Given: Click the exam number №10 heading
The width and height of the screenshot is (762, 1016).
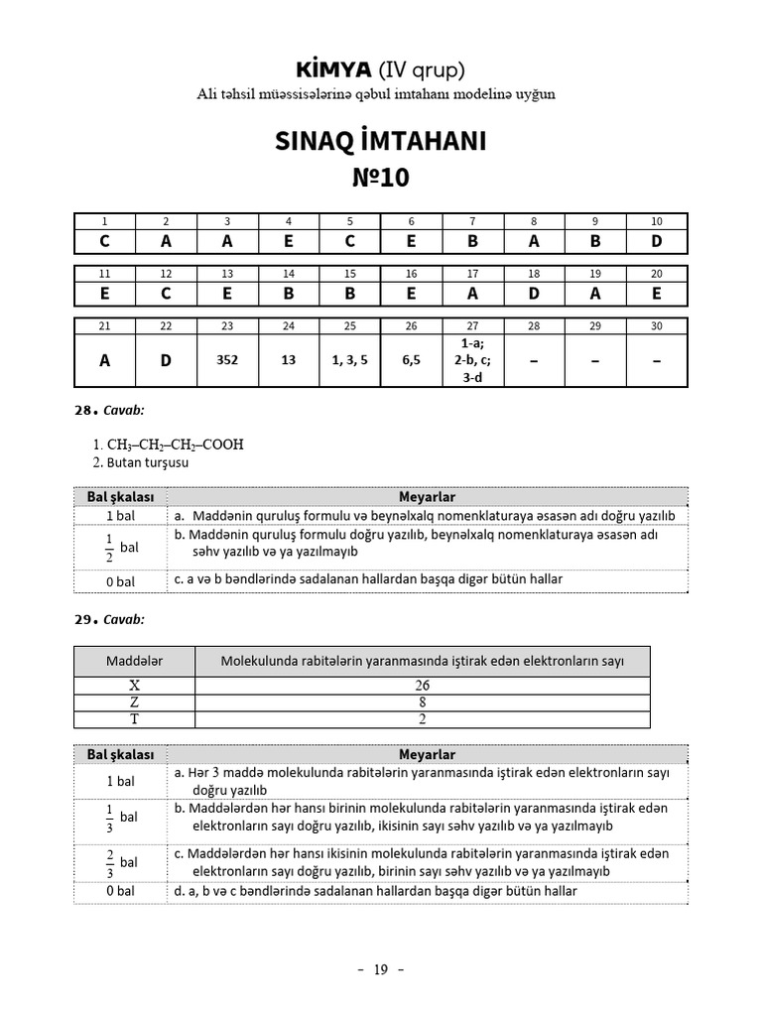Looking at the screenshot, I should click(x=380, y=178).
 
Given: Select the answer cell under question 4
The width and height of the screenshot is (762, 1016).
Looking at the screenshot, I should click(x=289, y=240).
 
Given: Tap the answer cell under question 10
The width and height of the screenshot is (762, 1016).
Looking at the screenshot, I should click(x=657, y=240).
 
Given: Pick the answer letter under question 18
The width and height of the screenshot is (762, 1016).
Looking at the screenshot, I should click(x=534, y=293).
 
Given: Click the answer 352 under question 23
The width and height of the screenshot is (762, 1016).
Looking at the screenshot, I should click(x=227, y=361).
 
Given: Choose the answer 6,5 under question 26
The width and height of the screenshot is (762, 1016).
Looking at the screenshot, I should click(x=411, y=361).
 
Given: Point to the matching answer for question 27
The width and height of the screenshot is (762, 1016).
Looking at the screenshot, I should click(x=472, y=360).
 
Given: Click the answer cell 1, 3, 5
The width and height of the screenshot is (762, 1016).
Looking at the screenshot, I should click(x=349, y=361).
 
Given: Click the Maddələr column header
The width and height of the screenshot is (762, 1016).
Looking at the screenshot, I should click(x=134, y=661).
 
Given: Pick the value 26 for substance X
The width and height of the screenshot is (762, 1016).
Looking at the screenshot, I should click(x=422, y=685).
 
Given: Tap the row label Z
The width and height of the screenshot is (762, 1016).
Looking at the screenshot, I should click(x=134, y=701).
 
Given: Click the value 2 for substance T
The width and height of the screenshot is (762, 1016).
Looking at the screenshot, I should click(x=422, y=718).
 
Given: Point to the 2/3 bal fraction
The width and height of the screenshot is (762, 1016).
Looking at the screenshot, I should click(x=120, y=862).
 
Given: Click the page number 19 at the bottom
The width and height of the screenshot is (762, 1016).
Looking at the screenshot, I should click(x=380, y=969).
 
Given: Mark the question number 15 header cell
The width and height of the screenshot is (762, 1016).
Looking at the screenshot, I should click(x=349, y=273).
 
